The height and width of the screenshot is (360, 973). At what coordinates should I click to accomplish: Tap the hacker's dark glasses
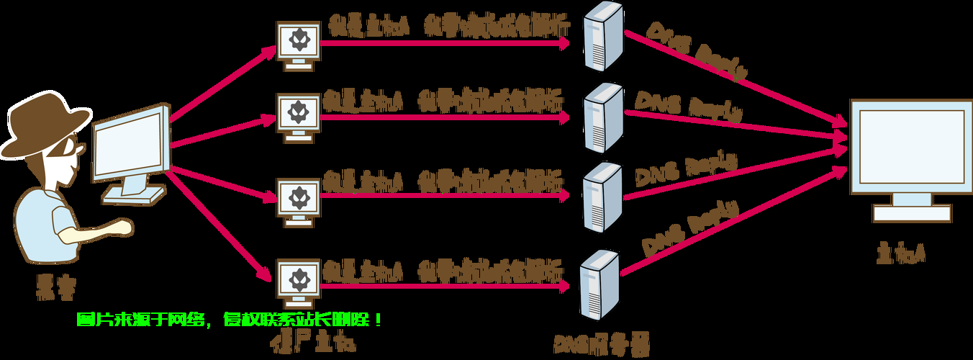(72, 148)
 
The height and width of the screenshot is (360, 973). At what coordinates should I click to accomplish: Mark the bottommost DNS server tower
(599, 281)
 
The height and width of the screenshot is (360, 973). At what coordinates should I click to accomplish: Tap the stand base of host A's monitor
(911, 212)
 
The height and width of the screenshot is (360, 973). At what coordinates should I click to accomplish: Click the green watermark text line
(230, 319)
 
